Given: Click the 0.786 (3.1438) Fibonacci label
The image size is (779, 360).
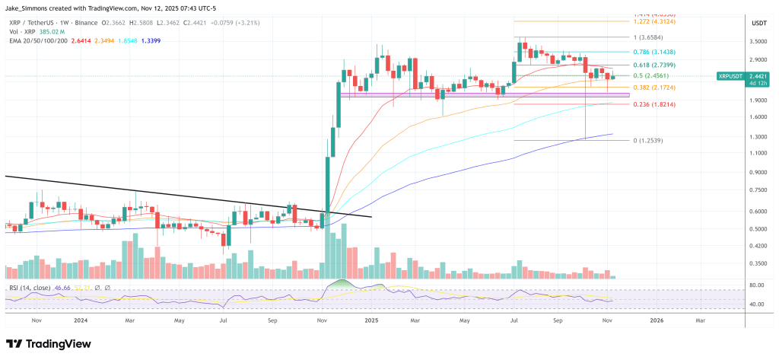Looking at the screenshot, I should [655, 52].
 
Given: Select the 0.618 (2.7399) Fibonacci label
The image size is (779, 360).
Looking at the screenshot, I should [654, 66].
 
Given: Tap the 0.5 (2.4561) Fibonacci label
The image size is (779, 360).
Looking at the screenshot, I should [652, 76].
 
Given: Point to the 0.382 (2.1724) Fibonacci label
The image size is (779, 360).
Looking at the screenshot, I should [654, 88].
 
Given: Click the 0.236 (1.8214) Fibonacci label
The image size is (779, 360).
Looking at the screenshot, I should [654, 104].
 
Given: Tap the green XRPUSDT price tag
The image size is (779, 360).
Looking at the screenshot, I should [742, 76].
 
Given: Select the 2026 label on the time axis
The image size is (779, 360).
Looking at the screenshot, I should [657, 320].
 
